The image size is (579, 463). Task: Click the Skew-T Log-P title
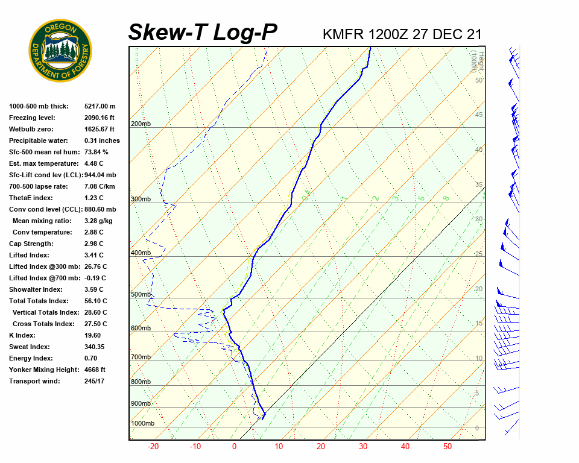(x=203, y=32)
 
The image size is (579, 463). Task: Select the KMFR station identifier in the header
(x=343, y=34)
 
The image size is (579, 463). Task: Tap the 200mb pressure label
(x=141, y=124)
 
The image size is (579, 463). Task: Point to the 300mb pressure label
(x=141, y=199)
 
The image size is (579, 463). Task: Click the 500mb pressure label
(x=141, y=294)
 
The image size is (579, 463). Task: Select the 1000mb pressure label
(x=142, y=423)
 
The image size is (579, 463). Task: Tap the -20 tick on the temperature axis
(x=153, y=447)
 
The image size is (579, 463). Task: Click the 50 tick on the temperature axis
(x=447, y=447)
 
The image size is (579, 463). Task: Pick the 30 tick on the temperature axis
(x=363, y=447)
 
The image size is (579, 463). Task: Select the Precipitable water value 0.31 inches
(x=102, y=140)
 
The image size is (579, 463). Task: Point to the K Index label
(x=22, y=335)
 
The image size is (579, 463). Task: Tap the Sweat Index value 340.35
(x=95, y=347)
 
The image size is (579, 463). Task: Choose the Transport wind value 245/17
(x=95, y=381)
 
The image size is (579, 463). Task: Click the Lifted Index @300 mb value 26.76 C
(x=96, y=266)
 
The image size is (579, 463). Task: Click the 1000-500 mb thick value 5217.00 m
(x=100, y=106)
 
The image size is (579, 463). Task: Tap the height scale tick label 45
(x=479, y=115)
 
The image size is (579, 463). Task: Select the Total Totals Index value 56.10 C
(x=96, y=301)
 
